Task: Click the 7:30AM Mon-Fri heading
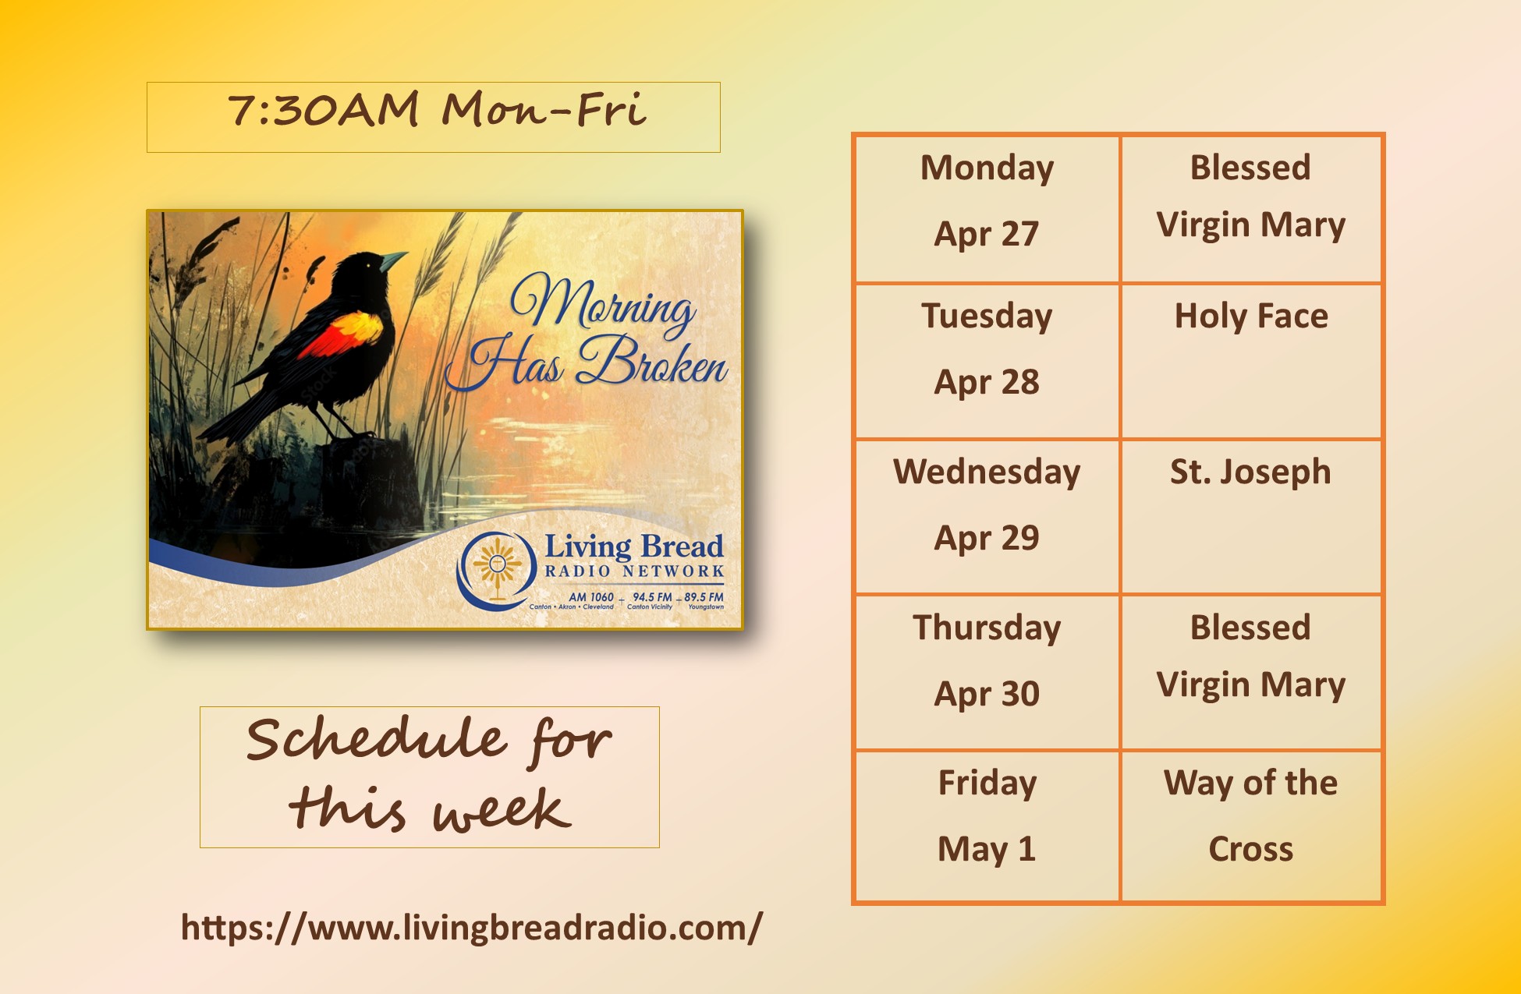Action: pos(436,109)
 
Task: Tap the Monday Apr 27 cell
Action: pos(987,208)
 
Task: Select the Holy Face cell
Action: pos(1251,361)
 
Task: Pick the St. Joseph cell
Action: pos(1251,516)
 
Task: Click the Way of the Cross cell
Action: pos(1251,826)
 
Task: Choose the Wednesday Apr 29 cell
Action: pos(987,516)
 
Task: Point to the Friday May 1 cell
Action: pos(987,826)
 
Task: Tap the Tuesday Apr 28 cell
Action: pos(987,361)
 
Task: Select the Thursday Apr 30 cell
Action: pos(987,671)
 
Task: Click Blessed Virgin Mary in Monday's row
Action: pos(1251,196)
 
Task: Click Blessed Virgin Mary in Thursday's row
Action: pos(1251,656)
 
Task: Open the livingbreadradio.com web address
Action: pos(471,928)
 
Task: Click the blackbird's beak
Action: pos(394,260)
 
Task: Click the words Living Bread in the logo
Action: pos(633,546)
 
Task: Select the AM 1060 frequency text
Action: pos(591,597)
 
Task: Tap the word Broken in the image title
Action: pos(652,361)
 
